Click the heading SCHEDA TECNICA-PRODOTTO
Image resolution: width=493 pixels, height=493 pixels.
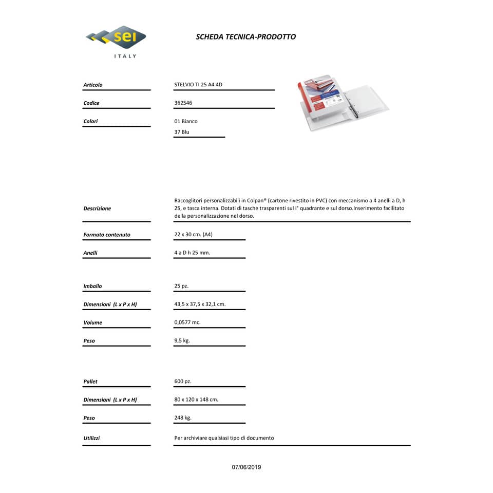(245, 37)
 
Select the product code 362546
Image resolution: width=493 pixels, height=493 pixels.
(183, 103)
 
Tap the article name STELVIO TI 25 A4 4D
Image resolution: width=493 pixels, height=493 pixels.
(198, 85)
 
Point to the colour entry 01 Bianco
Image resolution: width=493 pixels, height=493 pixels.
(186, 122)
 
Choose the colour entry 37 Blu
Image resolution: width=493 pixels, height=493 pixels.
(182, 132)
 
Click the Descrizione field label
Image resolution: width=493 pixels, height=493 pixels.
(97, 208)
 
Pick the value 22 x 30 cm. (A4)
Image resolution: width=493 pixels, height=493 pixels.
(193, 235)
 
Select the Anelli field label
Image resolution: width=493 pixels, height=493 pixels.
(90, 253)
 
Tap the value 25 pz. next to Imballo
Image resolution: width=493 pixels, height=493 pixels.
(181, 286)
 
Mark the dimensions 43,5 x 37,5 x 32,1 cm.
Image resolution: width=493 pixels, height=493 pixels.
(200, 304)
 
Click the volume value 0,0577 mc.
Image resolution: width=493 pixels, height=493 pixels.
(187, 323)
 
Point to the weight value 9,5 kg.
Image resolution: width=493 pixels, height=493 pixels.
(182, 340)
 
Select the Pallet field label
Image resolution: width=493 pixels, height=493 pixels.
(90, 382)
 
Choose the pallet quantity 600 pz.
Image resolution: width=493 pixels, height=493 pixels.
(183, 382)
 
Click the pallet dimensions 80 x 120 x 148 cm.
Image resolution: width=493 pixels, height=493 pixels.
(196, 400)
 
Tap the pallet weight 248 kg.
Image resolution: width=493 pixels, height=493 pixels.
(183, 418)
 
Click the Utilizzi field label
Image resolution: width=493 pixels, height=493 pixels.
(91, 438)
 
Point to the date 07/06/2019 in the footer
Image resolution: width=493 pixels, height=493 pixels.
(246, 467)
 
